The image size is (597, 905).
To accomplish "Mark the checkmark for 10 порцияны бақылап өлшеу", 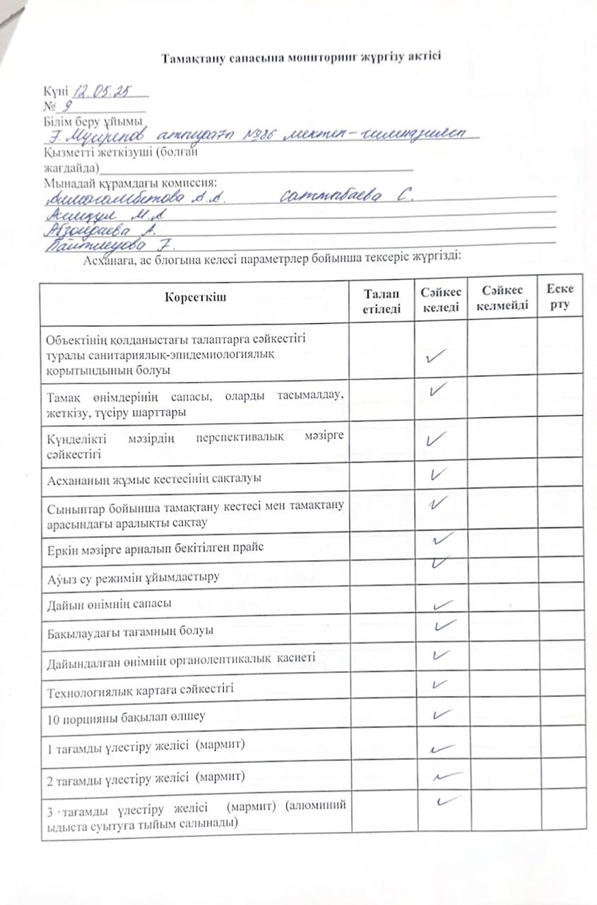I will pyautogui.click(x=441, y=715).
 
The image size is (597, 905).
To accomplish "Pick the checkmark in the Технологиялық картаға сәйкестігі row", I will pyautogui.click(x=439, y=684).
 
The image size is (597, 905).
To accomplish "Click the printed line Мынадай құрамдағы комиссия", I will pyautogui.click(x=130, y=182).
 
